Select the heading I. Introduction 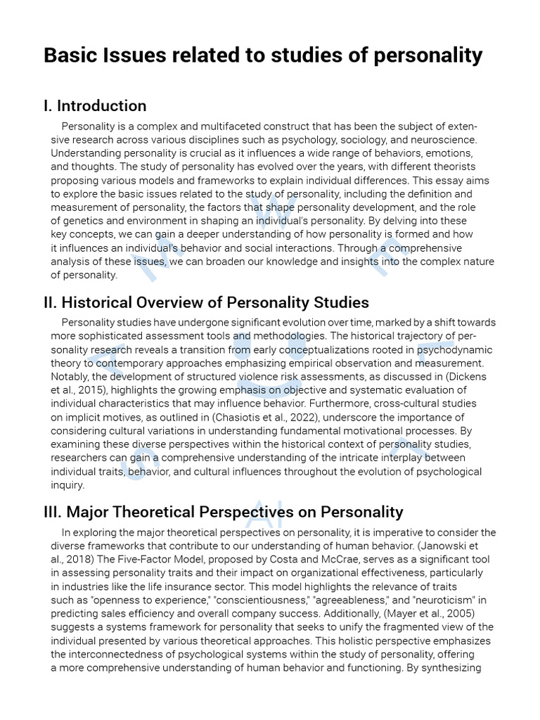[95, 106]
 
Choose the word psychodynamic [455, 350]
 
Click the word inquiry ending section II [67, 484]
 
